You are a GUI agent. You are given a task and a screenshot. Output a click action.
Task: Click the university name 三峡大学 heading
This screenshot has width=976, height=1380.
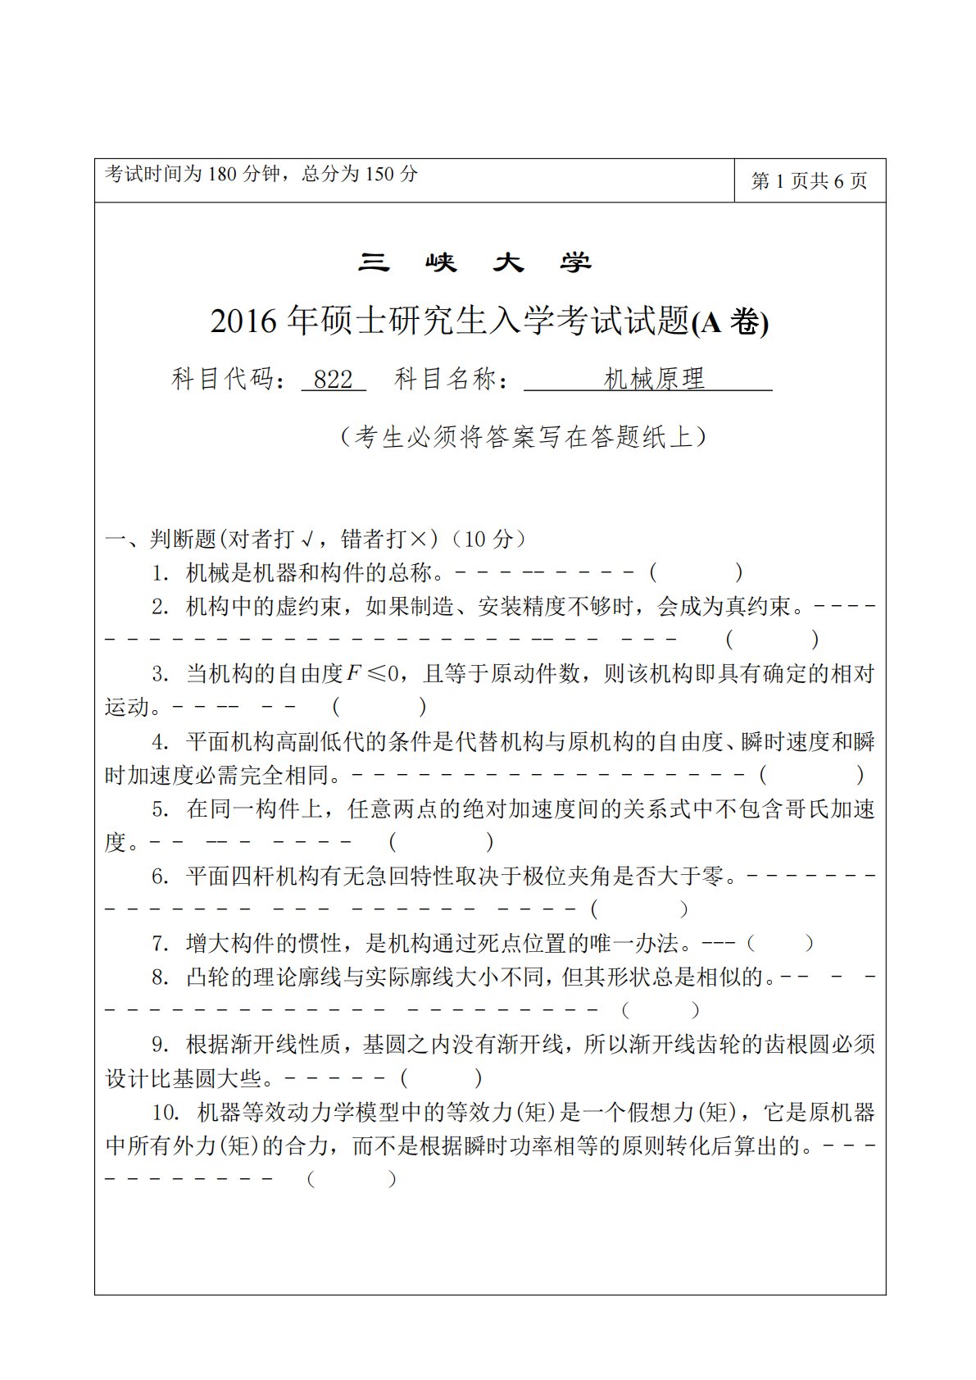point(474,262)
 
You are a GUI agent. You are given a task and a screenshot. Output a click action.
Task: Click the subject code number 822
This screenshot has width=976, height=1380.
point(333,380)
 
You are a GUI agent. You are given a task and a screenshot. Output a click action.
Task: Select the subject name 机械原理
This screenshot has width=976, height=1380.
point(654,379)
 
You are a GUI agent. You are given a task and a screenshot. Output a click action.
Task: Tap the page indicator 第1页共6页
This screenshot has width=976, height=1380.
point(809,181)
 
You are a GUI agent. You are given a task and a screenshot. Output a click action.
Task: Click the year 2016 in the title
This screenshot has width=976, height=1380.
point(243,321)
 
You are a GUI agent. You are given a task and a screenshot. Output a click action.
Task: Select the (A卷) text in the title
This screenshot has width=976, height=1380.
point(730,323)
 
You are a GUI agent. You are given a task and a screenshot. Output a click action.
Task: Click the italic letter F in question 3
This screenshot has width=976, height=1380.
point(353,674)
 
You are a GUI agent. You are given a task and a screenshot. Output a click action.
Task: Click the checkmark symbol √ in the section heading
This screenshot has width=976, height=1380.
point(308,540)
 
